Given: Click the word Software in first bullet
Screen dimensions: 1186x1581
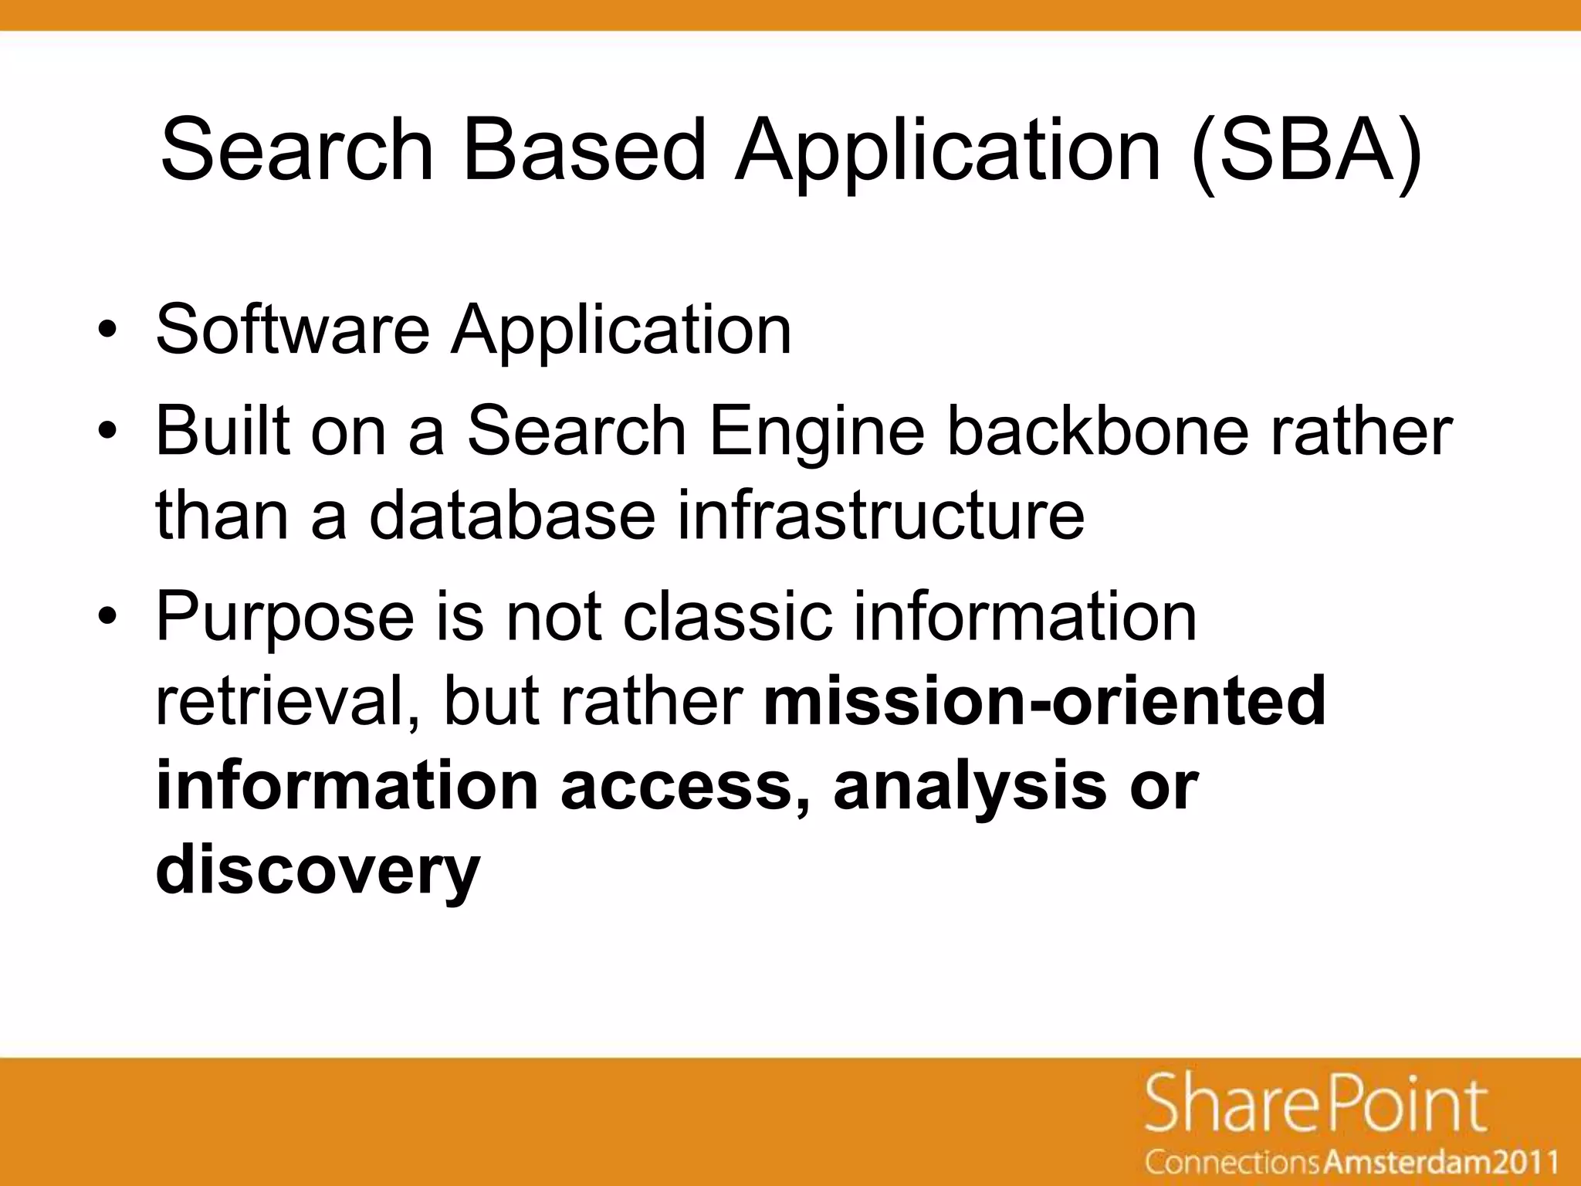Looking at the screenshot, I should [293, 330].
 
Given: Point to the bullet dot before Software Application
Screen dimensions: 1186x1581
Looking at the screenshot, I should [107, 332].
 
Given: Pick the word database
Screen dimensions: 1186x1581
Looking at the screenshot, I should [512, 516].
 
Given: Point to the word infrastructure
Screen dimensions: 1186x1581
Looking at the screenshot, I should [881, 516].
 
